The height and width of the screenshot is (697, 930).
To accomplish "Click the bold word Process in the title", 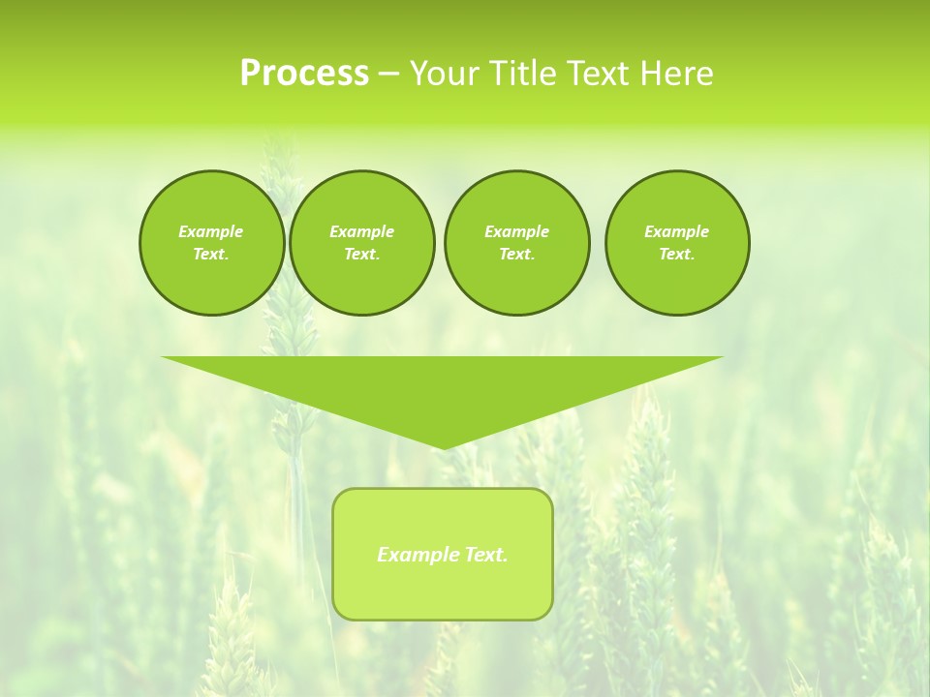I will [304, 74].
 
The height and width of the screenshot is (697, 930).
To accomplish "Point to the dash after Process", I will [388, 75].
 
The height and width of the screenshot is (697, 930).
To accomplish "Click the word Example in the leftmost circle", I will [211, 231].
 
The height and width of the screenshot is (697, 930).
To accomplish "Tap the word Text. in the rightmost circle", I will [677, 254].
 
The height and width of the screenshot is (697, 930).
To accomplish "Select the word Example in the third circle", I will [517, 231].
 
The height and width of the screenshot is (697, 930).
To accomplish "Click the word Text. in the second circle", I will [362, 254].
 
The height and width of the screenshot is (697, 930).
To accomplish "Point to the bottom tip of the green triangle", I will [443, 446].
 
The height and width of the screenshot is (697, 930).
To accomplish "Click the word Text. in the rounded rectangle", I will [486, 555].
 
